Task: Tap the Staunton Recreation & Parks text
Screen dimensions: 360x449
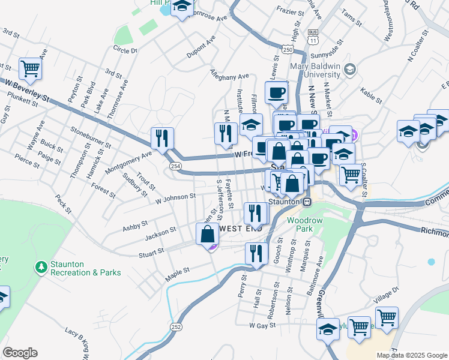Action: [86, 268]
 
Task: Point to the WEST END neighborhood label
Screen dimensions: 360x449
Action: [240, 229]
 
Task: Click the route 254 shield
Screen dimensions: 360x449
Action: [175, 166]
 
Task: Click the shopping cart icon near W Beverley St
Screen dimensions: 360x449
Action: [30, 69]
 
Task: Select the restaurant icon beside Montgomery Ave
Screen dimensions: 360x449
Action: [162, 139]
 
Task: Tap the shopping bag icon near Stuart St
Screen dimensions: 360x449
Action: [208, 234]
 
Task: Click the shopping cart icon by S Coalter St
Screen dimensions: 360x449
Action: [351, 175]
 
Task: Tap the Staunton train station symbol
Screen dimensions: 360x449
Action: [307, 202]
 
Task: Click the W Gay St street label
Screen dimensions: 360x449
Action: [262, 325]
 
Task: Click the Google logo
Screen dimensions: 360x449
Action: [20, 353]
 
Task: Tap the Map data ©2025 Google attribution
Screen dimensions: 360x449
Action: [412, 355]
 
